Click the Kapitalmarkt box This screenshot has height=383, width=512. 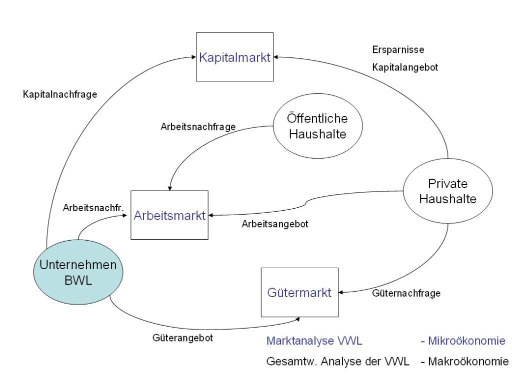[x=234, y=57]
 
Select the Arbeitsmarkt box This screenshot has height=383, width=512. [x=169, y=215]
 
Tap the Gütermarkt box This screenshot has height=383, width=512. [x=299, y=293]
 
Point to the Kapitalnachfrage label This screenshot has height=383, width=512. [x=60, y=94]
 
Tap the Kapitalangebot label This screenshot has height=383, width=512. [x=405, y=67]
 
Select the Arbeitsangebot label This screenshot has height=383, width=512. [x=275, y=224]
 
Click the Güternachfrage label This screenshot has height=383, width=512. [x=406, y=294]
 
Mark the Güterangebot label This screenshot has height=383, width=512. [x=183, y=338]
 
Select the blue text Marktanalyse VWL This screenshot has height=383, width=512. [x=314, y=341]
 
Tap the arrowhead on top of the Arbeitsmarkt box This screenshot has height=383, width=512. [x=169, y=188]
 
